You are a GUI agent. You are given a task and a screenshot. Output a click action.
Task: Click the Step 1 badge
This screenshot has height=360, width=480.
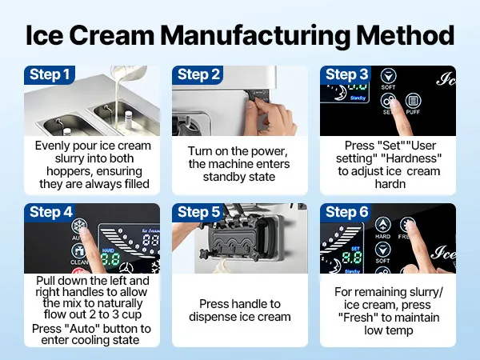tap(50, 75)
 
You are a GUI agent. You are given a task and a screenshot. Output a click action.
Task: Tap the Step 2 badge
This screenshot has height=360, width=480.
tap(199, 75)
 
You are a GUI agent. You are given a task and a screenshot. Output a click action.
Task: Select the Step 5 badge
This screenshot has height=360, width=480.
tap(199, 213)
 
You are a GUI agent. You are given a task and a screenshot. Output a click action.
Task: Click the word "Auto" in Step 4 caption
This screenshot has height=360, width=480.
tap(81, 329)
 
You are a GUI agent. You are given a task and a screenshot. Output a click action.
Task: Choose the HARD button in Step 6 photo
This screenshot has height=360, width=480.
tap(384, 228)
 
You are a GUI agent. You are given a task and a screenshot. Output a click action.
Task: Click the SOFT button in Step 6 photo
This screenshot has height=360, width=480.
tap(384, 253)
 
